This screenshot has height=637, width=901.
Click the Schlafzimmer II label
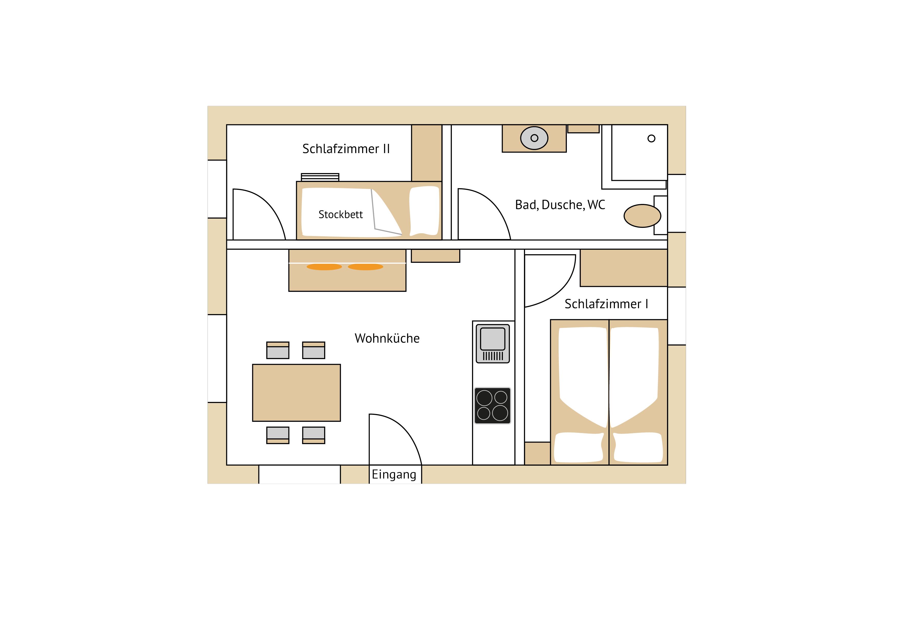point(346,149)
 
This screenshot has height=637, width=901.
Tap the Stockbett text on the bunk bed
point(341,214)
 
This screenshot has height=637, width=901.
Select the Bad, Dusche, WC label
point(560,204)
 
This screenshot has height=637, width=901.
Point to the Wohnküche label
point(387,338)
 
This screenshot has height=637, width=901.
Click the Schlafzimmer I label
point(606,304)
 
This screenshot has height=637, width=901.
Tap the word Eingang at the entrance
point(394,474)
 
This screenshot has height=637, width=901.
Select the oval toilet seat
point(642,216)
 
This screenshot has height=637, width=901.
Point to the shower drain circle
point(651,138)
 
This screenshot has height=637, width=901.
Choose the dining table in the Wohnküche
point(296,392)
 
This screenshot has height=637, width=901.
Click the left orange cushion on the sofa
point(324,267)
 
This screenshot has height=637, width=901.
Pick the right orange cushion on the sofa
point(365,267)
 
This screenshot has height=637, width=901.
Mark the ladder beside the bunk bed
point(320,177)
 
